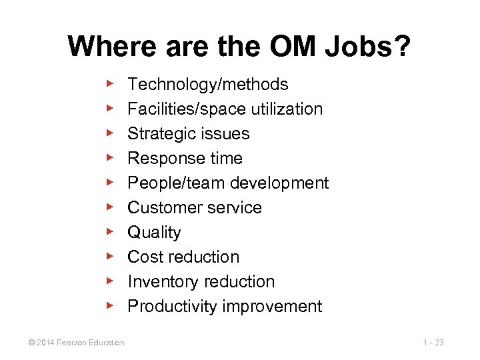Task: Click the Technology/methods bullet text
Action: point(207,85)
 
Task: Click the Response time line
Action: point(185,159)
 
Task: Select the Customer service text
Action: point(195,208)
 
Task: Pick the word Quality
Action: point(154,233)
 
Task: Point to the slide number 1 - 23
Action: point(433,343)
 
